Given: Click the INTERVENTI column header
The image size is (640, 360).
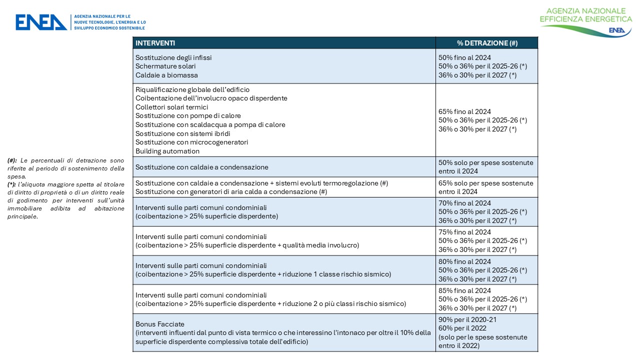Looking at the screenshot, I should pos(155,43).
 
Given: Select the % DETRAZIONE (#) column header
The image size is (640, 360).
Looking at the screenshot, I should pos(487,43).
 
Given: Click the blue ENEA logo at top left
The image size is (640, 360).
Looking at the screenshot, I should pos(41,22).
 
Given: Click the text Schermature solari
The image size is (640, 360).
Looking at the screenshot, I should pos(165,66).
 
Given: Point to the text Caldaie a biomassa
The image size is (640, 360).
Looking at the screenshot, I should pos(166,75).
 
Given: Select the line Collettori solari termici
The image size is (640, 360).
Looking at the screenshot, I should pos(171,107).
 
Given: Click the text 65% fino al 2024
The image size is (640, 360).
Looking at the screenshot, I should pos(464,111).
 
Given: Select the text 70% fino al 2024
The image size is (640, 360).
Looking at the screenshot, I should pos(464,203).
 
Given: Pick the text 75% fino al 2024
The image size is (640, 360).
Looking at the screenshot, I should pos(464,232).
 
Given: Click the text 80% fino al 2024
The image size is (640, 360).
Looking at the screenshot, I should pos(464,261).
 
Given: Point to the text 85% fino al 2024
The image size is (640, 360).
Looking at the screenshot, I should pos(464,290).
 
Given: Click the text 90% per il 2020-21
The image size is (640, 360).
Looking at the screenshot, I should pos(467,319).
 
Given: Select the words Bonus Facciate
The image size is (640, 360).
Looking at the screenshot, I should pos(157,324).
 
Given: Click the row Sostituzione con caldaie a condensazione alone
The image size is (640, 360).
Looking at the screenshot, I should pos(201,167).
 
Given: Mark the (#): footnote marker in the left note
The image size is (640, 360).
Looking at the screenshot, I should pos(12,160).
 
